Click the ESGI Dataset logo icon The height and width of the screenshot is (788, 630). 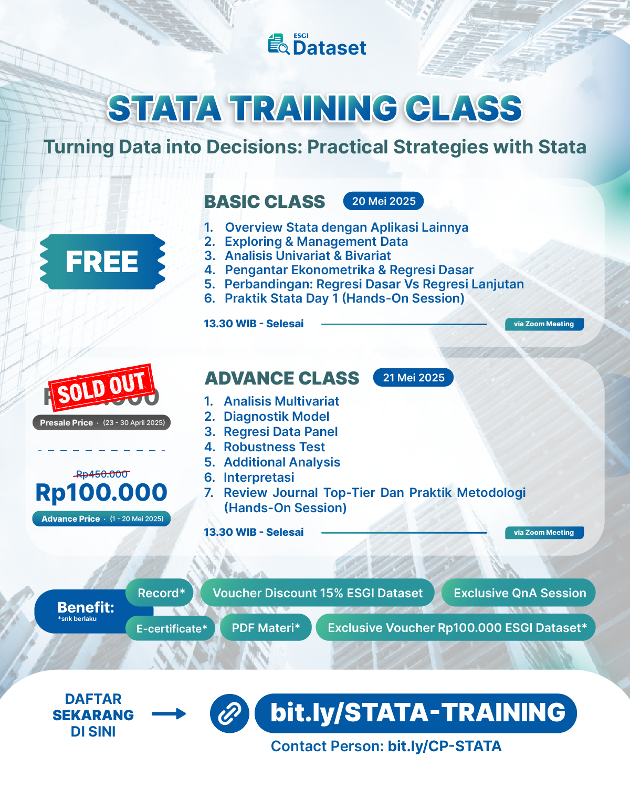click(278, 45)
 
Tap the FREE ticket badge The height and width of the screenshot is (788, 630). click(102, 262)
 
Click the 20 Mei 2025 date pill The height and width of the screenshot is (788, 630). click(383, 201)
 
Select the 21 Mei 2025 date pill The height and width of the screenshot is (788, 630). click(413, 378)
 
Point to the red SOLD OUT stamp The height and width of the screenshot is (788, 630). click(101, 388)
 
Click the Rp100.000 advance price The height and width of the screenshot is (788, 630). click(101, 493)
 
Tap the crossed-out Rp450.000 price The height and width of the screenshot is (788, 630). click(102, 474)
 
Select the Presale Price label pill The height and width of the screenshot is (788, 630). click(102, 422)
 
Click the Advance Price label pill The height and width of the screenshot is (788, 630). click(102, 519)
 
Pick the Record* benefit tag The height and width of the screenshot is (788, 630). click(161, 593)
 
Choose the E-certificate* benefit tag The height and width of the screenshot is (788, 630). click(171, 628)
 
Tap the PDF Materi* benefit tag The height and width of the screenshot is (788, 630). click(266, 628)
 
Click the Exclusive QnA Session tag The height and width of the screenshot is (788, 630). click(519, 593)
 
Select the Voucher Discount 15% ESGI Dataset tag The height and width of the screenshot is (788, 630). click(317, 593)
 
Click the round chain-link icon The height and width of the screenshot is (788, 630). click(229, 713)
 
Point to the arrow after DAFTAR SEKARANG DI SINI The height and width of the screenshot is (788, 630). click(169, 714)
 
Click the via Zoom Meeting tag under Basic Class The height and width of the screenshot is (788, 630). click(544, 324)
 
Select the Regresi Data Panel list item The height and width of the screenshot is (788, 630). click(280, 432)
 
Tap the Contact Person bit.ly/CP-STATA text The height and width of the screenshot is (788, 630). click(386, 746)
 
